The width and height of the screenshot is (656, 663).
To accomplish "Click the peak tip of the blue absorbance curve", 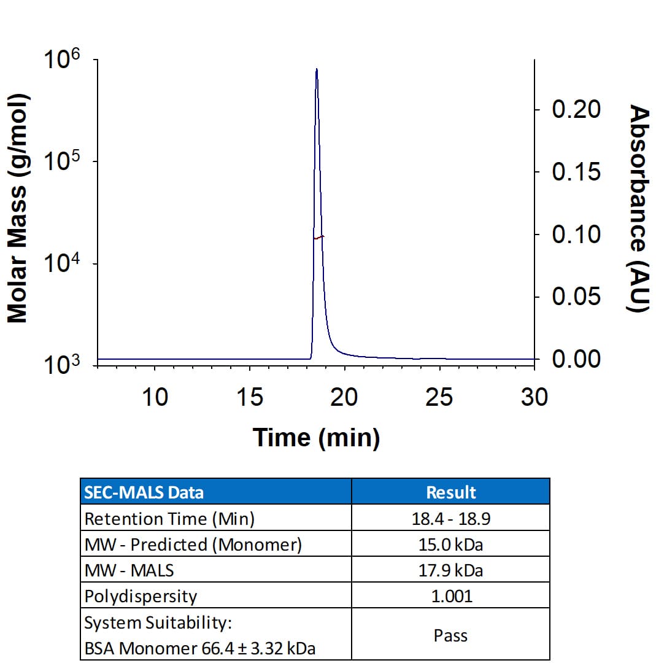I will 317,69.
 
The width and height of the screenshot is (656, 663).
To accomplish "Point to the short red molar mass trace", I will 318,237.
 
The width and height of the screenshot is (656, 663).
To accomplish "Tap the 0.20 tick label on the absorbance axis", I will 576,109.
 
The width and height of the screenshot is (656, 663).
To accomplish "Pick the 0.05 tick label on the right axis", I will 576,297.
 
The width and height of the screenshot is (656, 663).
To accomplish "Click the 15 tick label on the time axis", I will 250,397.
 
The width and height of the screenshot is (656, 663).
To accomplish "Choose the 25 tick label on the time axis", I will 439,397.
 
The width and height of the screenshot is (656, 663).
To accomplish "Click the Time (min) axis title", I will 316,437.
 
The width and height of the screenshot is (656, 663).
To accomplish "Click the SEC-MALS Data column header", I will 144,492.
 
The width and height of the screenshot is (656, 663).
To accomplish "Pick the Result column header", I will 450,492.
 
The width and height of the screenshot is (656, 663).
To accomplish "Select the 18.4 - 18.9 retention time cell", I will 450,519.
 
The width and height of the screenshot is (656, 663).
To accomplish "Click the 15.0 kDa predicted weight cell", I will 450,545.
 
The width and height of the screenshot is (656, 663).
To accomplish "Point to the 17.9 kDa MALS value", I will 450,570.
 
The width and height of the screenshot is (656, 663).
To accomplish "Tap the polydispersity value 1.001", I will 450,596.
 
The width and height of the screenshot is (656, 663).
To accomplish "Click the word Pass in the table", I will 450,635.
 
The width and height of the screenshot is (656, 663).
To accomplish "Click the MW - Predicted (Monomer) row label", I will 193,545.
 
